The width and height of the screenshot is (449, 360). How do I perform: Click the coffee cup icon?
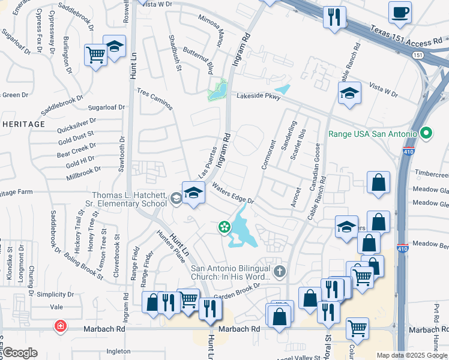(x=400, y=13)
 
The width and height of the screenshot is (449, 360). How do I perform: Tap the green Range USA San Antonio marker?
(x=427, y=133)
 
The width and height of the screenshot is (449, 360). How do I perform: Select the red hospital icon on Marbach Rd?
(x=61, y=327)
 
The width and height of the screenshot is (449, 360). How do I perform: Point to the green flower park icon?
(x=224, y=227)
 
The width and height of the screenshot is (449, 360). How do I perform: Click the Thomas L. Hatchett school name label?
(x=128, y=199)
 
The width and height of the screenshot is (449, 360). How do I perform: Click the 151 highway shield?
(x=417, y=55)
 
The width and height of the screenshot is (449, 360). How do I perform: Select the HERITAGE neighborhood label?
(x=23, y=124)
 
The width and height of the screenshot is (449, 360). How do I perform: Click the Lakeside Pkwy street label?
(x=259, y=96)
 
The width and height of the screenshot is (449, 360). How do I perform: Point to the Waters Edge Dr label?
(x=234, y=194)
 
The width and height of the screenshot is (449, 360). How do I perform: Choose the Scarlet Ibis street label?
(x=298, y=144)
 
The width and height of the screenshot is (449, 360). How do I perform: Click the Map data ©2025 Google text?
(x=411, y=355)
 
